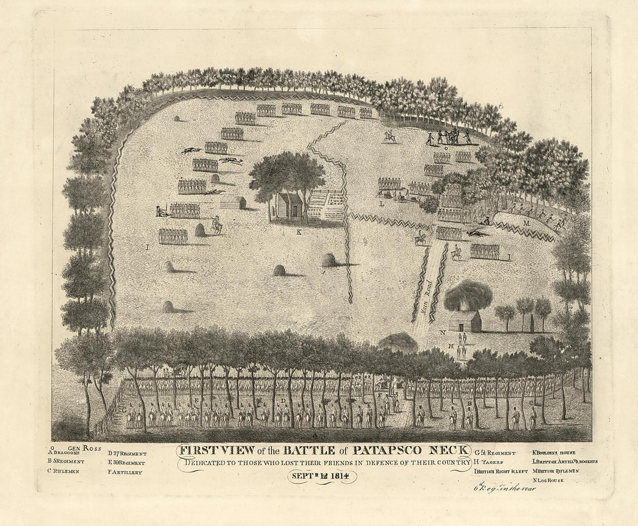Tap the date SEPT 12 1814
[x=320, y=477]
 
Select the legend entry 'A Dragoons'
[x=68, y=453]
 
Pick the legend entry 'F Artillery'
[x=125, y=472]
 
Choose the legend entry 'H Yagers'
[x=488, y=462]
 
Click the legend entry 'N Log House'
[x=549, y=480]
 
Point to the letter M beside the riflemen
[x=527, y=223]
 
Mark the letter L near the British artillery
[x=382, y=204]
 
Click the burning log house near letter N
[x=466, y=320]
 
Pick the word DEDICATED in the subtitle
[x=209, y=462]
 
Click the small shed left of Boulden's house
[x=233, y=202]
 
